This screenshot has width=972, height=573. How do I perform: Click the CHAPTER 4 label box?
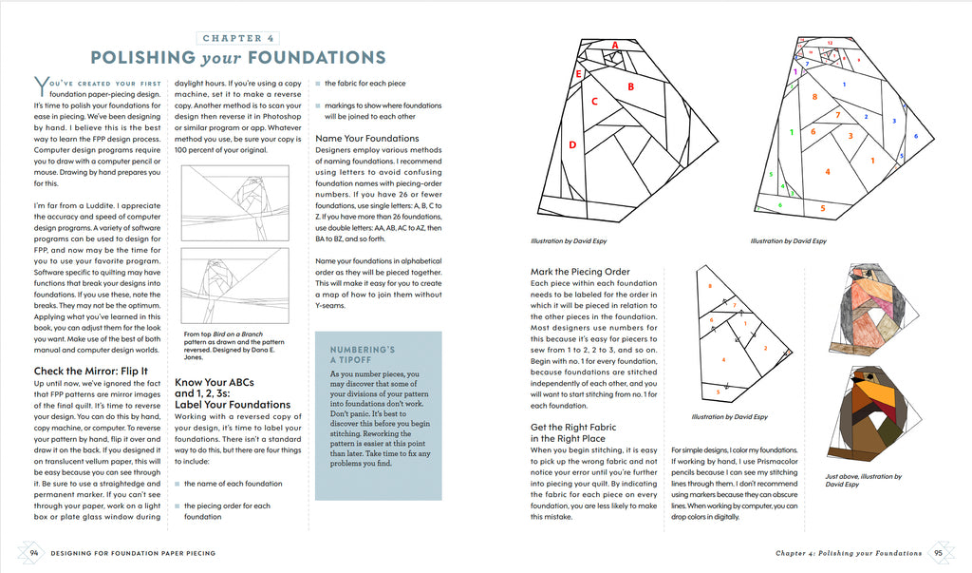[x=238, y=38]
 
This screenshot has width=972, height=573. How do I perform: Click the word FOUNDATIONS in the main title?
[x=317, y=58]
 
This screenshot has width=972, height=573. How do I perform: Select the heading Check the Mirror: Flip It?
[x=91, y=371]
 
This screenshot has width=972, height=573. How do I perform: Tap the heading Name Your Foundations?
[x=367, y=138]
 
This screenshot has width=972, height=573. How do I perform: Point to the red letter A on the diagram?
[x=615, y=45]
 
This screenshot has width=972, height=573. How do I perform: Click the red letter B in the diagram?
[x=630, y=86]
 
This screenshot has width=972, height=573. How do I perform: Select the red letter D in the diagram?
[x=572, y=144]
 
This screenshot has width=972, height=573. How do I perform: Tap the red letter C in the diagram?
[x=594, y=101]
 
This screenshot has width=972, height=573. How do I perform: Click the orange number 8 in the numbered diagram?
[x=814, y=96]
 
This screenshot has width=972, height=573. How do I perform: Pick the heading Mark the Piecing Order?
[x=580, y=271]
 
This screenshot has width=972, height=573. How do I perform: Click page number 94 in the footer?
[x=34, y=552]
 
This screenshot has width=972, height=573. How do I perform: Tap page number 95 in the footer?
[x=938, y=552]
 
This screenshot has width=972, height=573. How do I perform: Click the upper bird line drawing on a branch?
[x=235, y=203]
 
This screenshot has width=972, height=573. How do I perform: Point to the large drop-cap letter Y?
[x=41, y=86]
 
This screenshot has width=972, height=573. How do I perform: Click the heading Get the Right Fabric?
[x=573, y=427]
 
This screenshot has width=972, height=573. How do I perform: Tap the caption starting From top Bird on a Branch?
[x=234, y=345]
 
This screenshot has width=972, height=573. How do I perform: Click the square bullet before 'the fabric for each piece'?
[x=318, y=84]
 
